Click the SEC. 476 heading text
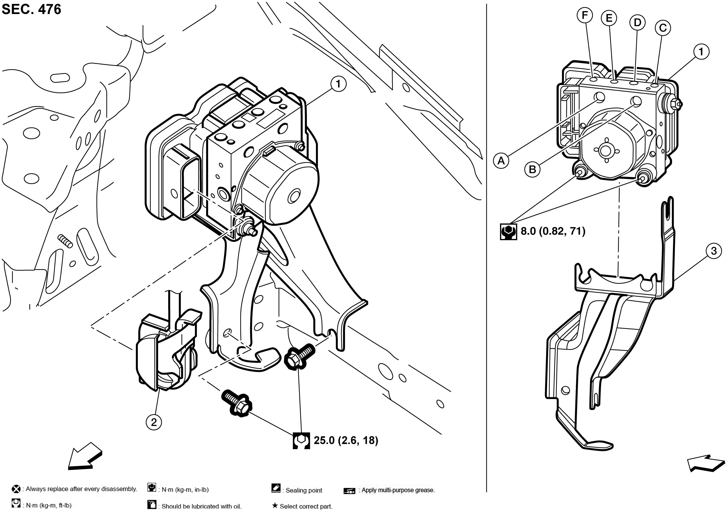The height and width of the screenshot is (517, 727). [x=31, y=10]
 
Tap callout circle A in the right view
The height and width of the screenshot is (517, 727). [x=501, y=161]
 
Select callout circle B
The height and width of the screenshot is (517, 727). [x=532, y=169]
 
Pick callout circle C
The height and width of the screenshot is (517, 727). [x=663, y=28]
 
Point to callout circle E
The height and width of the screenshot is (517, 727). [x=609, y=18]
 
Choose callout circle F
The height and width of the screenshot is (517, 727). [x=585, y=15]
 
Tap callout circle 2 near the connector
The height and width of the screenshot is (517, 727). [x=154, y=422]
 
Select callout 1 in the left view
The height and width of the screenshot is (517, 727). [x=338, y=84]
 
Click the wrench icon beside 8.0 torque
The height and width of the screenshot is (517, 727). [x=508, y=231]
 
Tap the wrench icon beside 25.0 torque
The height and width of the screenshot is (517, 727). [x=301, y=441]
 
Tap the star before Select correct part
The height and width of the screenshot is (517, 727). [x=274, y=506]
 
